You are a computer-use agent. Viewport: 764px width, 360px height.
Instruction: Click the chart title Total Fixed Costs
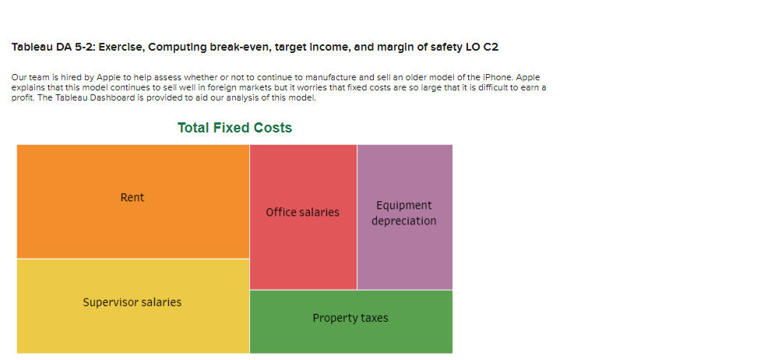(x=234, y=128)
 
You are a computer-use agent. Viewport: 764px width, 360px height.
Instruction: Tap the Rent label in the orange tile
(x=132, y=198)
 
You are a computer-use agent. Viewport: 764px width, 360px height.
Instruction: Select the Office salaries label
(x=302, y=213)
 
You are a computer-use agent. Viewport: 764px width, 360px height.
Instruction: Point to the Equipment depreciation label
(x=403, y=213)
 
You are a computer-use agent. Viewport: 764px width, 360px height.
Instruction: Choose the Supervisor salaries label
(x=132, y=302)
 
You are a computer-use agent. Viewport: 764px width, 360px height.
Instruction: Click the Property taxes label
(x=350, y=318)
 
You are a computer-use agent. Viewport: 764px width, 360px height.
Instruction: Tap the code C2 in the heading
(x=491, y=48)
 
